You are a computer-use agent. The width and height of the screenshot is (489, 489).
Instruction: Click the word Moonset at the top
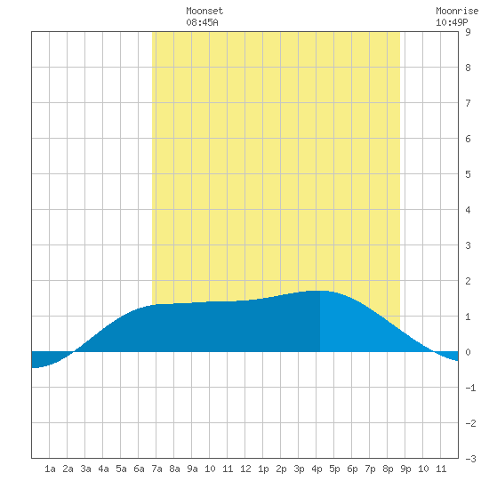204,11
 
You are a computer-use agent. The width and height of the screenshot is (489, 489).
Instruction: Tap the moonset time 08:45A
202,22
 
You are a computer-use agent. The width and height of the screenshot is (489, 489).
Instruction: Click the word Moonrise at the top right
457,11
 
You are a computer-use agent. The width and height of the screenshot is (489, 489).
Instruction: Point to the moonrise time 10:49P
452,22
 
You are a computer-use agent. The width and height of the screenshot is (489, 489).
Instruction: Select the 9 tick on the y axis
468,32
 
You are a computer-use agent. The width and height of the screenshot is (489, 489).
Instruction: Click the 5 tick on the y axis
468,174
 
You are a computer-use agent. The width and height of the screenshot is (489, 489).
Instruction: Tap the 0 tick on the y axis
468,352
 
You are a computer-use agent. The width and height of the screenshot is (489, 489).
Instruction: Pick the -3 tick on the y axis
470,459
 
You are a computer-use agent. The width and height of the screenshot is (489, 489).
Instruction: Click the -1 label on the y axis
470,388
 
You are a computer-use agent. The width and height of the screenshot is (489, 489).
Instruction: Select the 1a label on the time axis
50,469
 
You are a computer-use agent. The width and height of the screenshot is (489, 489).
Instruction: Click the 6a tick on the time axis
139,469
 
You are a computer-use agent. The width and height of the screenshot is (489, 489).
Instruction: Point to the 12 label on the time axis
245,469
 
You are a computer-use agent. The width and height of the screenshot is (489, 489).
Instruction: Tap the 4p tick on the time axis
317,469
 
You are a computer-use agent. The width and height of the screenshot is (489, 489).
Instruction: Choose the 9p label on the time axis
405,469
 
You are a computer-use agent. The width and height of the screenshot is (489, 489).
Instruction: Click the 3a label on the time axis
85,469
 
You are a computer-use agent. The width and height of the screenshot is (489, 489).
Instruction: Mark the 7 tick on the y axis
468,103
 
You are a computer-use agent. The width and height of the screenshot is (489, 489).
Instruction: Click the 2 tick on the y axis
468,281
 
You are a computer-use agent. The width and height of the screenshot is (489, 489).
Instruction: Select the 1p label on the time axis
263,469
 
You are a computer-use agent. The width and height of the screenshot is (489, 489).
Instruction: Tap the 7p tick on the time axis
370,469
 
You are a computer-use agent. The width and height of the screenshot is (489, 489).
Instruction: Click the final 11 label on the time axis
441,469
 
